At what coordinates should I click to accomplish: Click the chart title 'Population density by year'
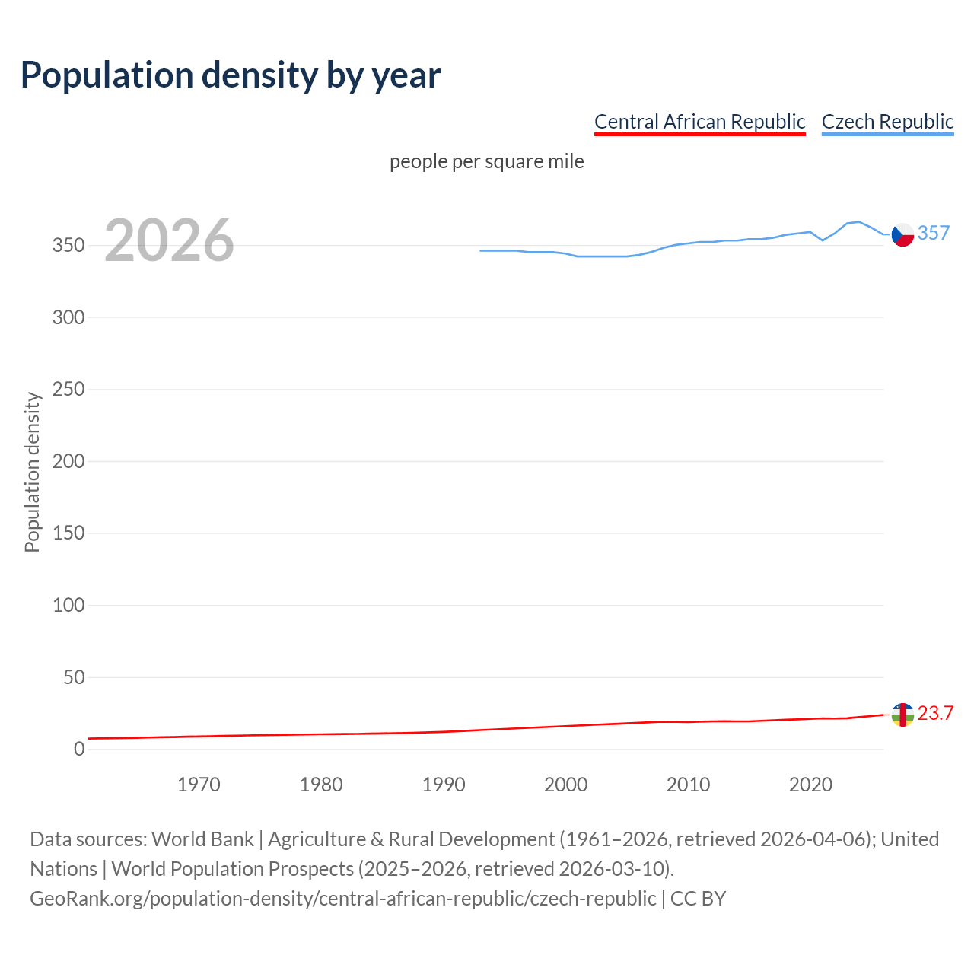(231, 75)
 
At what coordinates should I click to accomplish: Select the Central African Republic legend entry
(699, 122)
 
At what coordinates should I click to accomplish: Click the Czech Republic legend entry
(887, 122)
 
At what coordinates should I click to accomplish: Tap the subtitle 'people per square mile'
(486, 162)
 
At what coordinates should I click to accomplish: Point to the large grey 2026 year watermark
(169, 240)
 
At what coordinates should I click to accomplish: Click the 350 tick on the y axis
(68, 246)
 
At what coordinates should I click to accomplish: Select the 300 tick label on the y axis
(68, 317)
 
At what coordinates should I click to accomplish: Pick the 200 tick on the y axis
(68, 461)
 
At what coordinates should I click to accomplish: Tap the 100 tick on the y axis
(68, 606)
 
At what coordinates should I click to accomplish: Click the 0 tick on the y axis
(79, 750)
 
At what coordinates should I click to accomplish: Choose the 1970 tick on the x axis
(199, 785)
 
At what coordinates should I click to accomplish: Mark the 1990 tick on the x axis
(444, 785)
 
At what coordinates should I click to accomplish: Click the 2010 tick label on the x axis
(688, 785)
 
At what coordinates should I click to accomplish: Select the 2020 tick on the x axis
(810, 785)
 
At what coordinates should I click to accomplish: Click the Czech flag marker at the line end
(902, 235)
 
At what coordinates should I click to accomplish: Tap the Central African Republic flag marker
(902, 715)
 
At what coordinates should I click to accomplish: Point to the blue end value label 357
(934, 233)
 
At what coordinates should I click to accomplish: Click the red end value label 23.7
(935, 713)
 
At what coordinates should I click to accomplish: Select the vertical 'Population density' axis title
(32, 472)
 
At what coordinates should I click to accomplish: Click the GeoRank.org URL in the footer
(342, 899)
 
